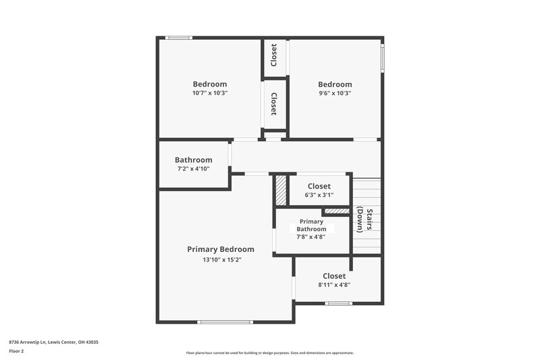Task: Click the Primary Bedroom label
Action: coord(221,249)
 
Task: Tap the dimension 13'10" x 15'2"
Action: coord(221,259)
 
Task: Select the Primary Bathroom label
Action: coord(311,225)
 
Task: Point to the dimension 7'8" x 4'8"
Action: coord(311,236)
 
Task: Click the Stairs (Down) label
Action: coord(364,220)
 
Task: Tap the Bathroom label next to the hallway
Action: coord(194,160)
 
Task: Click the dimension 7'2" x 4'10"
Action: coord(194,169)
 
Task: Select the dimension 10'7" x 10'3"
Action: coord(210,93)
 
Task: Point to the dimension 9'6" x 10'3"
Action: coord(335,93)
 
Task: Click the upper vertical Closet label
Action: coord(274,55)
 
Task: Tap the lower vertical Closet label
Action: coord(274,104)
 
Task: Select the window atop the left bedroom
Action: coord(180,38)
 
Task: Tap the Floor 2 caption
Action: coord(17,352)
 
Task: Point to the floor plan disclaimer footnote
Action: coord(269,353)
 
